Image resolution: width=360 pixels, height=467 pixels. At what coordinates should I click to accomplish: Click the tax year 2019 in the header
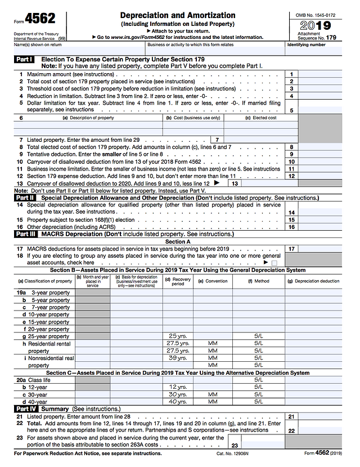pos(315,26)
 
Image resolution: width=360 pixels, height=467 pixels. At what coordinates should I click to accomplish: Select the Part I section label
pos(24,59)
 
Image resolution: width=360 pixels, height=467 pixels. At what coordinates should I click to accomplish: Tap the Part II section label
pos(25,198)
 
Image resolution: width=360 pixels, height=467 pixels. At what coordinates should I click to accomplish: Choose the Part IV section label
pos(25,408)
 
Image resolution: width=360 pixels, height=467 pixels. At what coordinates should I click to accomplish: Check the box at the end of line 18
pos(274,262)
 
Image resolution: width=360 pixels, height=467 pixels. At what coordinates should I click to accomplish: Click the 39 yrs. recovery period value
pos(178,358)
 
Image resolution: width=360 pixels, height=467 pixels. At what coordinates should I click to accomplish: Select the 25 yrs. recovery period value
pos(178,336)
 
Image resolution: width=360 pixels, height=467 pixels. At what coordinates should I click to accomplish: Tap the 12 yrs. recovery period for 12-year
pos(178,387)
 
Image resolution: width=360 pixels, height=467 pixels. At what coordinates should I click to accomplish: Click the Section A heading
pos(178,241)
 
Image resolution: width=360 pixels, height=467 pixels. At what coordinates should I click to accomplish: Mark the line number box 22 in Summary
pos(291,430)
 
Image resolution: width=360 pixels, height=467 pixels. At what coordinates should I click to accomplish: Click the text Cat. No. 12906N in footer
pos(232,453)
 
